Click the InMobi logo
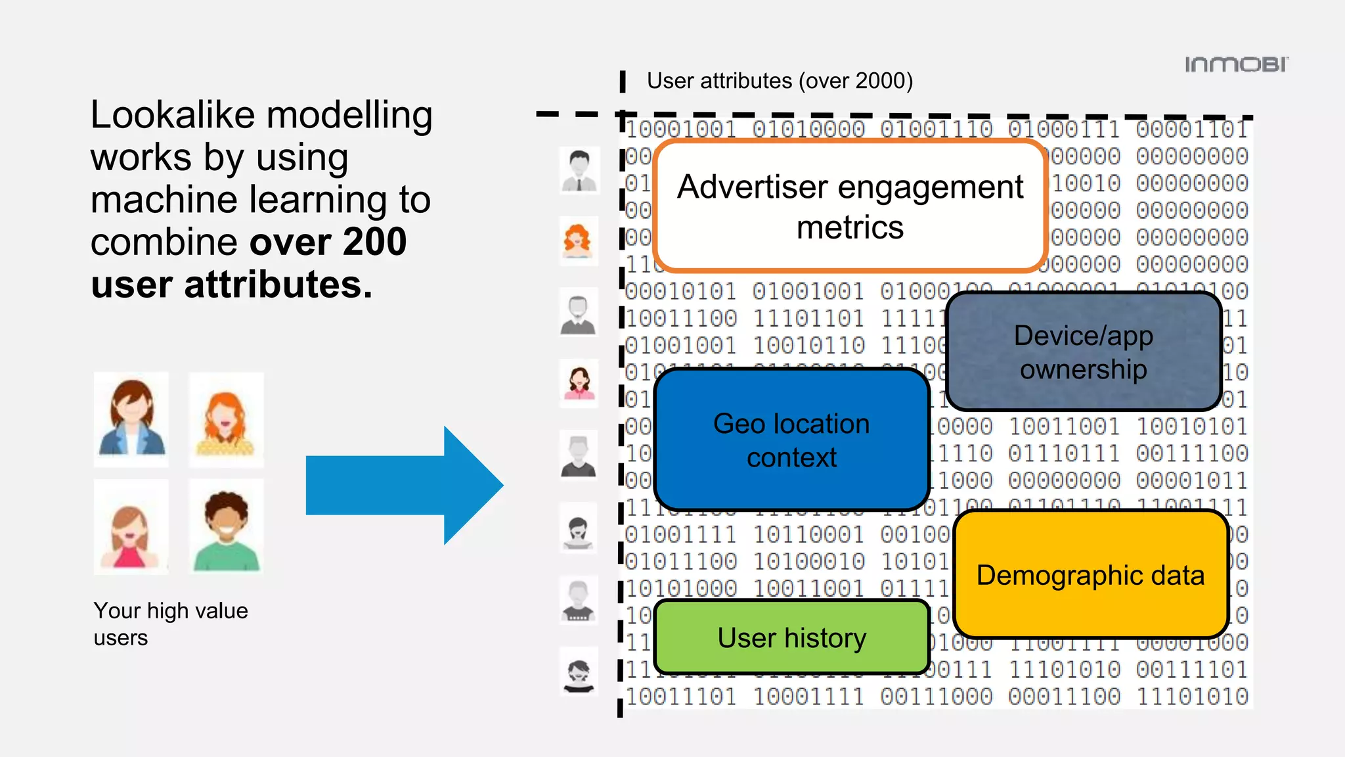pyautogui.click(x=1236, y=64)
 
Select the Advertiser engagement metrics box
pyautogui.click(x=850, y=206)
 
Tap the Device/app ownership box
pyautogui.click(x=1083, y=352)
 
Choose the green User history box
pyautogui.click(x=791, y=637)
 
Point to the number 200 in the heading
pyautogui.click(x=374, y=242)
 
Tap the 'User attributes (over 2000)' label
pyautogui.click(x=780, y=81)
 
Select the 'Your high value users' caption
pyautogui.click(x=170, y=624)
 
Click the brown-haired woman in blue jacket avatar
pyautogui.click(x=131, y=419)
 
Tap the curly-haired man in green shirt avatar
pyautogui.click(x=226, y=527)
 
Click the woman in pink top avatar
pyautogui.click(x=131, y=527)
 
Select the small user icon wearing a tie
pyautogui.click(x=579, y=170)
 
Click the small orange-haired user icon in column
pyautogui.click(x=578, y=241)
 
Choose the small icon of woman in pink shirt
pyautogui.click(x=579, y=383)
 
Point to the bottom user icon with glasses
pyautogui.click(x=579, y=672)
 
